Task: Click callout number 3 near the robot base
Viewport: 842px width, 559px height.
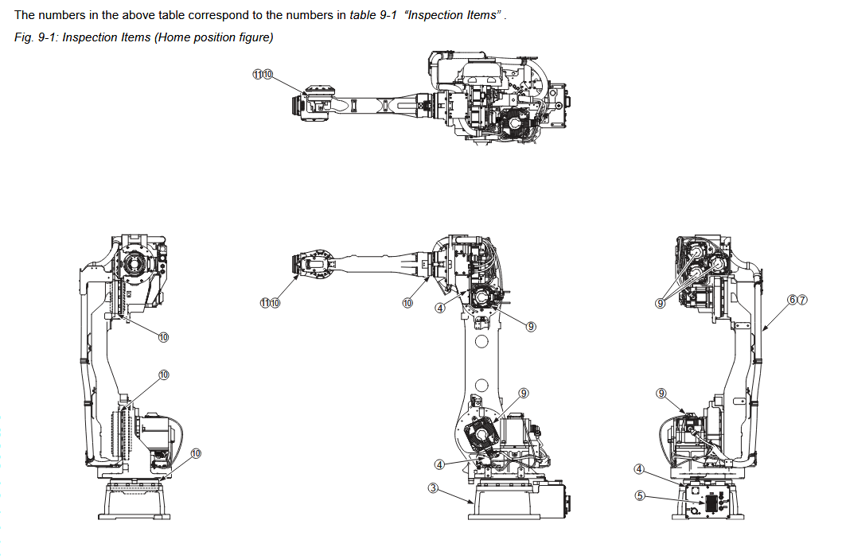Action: [433, 487]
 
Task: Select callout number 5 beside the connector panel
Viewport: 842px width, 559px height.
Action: [639, 495]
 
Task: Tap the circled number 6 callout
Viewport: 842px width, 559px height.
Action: [792, 299]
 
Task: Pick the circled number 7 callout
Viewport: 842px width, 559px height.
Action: [802, 299]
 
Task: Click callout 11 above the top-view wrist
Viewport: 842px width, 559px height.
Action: [257, 74]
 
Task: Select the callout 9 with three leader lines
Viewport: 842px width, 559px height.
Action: [661, 303]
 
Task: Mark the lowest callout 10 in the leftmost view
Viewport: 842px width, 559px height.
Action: [196, 453]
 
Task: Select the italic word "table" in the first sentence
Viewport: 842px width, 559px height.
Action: [363, 15]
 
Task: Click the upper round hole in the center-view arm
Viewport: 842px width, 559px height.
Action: [481, 343]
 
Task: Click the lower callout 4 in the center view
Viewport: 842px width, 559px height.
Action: [439, 464]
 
